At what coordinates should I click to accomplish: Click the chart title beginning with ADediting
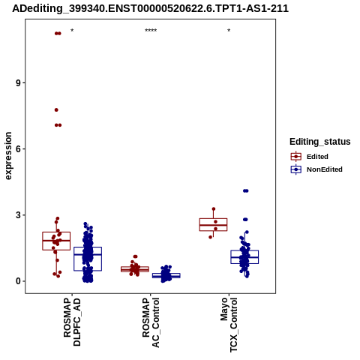(x=150, y=8)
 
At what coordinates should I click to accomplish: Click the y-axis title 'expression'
(x=8, y=156)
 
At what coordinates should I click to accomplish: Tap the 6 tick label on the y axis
(x=19, y=149)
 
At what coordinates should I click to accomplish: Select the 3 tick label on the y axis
(x=19, y=215)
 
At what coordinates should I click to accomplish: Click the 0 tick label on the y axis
(x=19, y=281)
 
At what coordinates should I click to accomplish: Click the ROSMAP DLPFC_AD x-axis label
(x=72, y=322)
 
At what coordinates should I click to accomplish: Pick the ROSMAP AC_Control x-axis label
(x=151, y=322)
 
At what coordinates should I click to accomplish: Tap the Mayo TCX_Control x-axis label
(x=229, y=325)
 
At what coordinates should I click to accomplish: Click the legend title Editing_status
(x=320, y=142)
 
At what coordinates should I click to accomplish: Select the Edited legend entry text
(x=317, y=157)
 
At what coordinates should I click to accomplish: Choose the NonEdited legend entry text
(x=325, y=169)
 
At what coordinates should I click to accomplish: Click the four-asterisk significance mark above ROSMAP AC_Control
(x=151, y=31)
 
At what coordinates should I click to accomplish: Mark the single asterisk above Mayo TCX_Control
(x=229, y=31)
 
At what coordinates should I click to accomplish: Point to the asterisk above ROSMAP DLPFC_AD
(x=72, y=31)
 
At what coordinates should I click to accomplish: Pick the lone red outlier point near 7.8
(x=56, y=110)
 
